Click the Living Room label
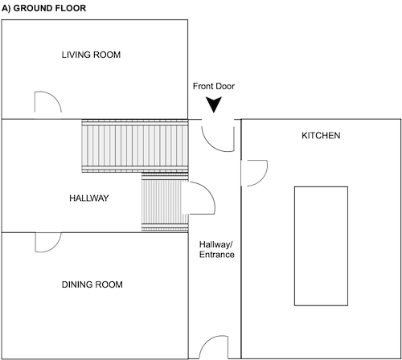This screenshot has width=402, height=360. coord(91,55)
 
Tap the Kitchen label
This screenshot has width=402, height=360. coord(321,136)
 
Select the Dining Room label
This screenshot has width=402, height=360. coord(92,284)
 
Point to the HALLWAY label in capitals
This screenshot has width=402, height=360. coord(89,198)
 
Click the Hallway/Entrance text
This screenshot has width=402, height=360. coord(216,249)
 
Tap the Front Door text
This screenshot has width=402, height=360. coord(214,86)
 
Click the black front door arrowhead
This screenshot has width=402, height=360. coord(214,104)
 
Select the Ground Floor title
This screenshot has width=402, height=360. coord(43,8)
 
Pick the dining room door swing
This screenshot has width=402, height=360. coord(55,247)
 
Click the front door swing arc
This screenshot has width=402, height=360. coord(211,145)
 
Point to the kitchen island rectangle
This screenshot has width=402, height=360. coord(321,246)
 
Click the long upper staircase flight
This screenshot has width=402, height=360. coord(135,146)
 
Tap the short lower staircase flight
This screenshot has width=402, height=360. coord(165,202)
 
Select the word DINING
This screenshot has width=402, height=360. coord(76,284)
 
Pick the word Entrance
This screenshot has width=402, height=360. coord(216,255)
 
